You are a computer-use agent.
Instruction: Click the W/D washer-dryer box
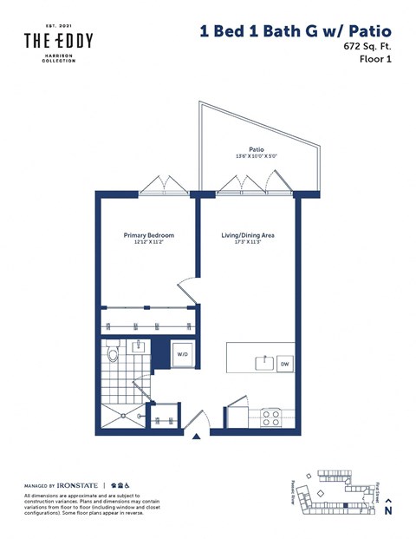[x=183, y=354]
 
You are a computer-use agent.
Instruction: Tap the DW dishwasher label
[x=283, y=365]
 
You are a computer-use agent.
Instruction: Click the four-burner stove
[x=272, y=416]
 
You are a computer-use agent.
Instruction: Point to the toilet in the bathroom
[x=112, y=353]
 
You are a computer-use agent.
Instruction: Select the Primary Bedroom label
[x=149, y=236]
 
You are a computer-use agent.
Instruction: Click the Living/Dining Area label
[x=249, y=236]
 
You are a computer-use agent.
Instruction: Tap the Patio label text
[x=257, y=148]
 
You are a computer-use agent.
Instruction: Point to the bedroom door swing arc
[x=186, y=291]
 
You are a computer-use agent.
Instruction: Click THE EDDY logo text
[x=58, y=41]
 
